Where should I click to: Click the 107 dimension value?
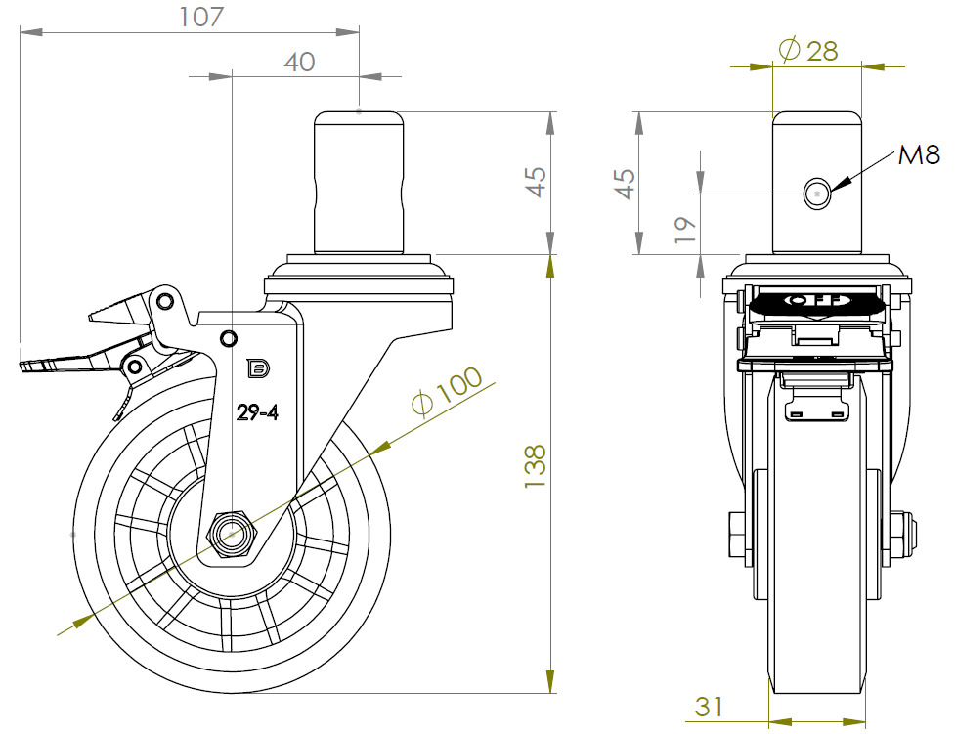[x=202, y=17]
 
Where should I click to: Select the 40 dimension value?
[x=299, y=62]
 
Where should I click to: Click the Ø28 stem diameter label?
[x=807, y=50]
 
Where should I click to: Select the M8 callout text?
[x=919, y=153]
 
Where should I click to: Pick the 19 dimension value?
[x=685, y=228]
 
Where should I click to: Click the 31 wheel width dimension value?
[x=710, y=706]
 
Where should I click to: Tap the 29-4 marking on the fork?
[x=258, y=412]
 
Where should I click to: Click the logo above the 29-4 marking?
[x=259, y=368]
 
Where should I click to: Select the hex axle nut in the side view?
[x=233, y=534]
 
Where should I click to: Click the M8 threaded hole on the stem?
[x=817, y=193]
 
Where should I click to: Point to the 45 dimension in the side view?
[x=535, y=183]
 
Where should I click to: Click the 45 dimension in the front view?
[x=625, y=183]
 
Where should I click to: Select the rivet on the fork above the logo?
[x=229, y=338]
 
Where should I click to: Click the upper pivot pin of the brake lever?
[x=164, y=297]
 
